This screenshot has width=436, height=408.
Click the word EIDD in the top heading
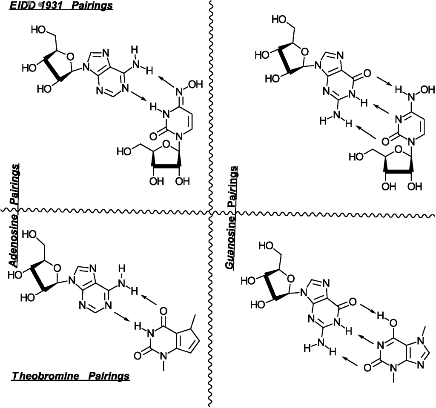coord(22,6)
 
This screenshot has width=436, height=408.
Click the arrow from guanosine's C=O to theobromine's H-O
coord(368,309)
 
